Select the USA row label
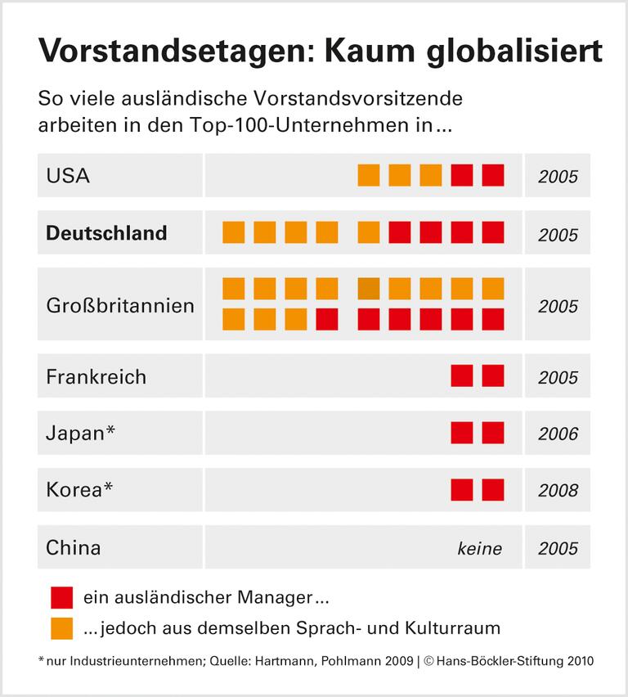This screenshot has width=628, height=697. (x=68, y=175)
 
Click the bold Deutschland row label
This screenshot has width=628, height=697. (x=106, y=233)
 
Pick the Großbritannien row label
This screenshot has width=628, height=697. (x=120, y=306)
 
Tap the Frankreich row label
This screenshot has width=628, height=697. (x=96, y=377)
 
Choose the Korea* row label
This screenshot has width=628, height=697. (x=79, y=490)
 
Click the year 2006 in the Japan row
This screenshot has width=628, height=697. (x=558, y=434)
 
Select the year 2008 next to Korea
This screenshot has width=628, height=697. (x=558, y=491)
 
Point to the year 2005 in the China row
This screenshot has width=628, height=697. (x=558, y=548)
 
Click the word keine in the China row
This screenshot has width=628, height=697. (x=480, y=549)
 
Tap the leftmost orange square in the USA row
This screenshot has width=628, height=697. (x=369, y=175)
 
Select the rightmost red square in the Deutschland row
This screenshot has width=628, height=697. (x=493, y=233)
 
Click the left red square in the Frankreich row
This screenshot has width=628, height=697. (x=462, y=376)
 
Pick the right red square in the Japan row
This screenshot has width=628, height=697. (x=493, y=433)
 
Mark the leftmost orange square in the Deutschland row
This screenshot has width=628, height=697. (x=234, y=233)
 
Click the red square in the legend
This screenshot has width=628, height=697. (x=61, y=597)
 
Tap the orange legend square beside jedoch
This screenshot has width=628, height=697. (x=61, y=628)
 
